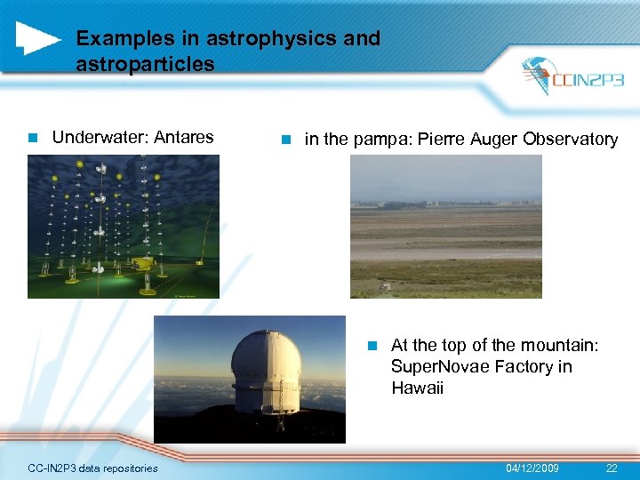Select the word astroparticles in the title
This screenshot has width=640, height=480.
145,64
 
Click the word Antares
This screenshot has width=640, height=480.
184,138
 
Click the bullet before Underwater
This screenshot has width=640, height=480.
32,139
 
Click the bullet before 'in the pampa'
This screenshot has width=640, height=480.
284,140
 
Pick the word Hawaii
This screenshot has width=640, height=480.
417,388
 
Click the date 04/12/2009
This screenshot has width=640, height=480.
532,468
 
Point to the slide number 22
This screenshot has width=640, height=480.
611,468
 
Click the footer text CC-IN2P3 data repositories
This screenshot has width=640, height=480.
92,468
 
